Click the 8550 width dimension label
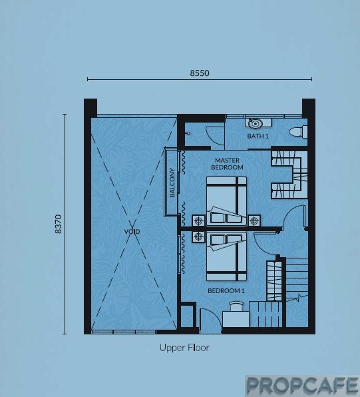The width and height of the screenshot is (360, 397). (200, 73)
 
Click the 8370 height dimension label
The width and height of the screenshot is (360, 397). (58, 224)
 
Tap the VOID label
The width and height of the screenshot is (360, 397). (132, 231)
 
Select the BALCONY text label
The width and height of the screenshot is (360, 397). (172, 183)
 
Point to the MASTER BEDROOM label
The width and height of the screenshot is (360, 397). (227, 164)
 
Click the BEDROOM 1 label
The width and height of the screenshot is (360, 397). (226, 290)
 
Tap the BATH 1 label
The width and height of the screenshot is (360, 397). (258, 136)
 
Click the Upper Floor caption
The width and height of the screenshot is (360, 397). (184, 348)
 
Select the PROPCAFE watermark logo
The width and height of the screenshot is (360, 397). (302, 386)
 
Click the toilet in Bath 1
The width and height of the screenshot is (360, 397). (299, 133)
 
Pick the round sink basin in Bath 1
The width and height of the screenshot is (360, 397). (256, 124)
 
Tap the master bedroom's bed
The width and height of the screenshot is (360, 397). (226, 201)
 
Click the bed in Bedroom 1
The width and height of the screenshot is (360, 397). (226, 256)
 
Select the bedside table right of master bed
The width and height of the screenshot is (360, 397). (254, 221)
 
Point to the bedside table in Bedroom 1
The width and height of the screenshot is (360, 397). (198, 237)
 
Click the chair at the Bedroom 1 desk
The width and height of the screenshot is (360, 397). (236, 306)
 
